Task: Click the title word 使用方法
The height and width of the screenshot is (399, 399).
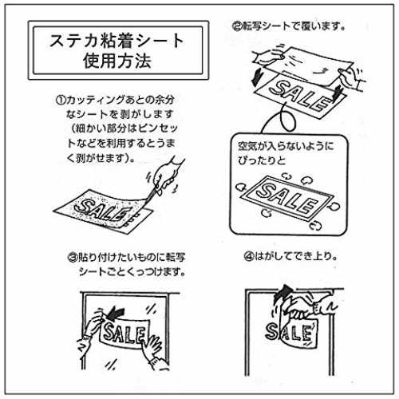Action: [117, 61]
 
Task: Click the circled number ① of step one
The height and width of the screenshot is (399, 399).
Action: [61, 101]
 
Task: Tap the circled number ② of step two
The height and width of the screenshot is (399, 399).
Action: [237, 26]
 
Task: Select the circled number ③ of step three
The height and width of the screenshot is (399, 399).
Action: [73, 258]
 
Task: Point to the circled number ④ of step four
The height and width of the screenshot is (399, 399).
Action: [249, 256]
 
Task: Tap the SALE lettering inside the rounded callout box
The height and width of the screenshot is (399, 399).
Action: [286, 197]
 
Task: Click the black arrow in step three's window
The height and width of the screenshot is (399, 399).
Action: [115, 313]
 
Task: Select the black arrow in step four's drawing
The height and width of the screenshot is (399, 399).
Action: [283, 292]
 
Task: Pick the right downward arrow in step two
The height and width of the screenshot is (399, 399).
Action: [338, 93]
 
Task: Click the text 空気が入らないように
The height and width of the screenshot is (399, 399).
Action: [286, 146]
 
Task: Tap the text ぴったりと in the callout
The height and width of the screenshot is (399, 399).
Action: [262, 160]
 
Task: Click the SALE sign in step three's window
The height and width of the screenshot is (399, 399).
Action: [124, 334]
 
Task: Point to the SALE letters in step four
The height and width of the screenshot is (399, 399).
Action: [288, 333]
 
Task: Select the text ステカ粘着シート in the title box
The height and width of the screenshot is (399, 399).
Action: [117, 41]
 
